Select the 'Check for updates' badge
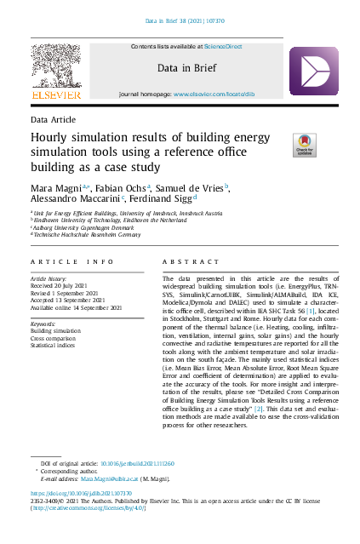tap(305, 145)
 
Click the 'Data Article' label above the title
tap(53, 120)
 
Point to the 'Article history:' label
tap(50, 278)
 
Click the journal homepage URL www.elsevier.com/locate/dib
tap(211, 89)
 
